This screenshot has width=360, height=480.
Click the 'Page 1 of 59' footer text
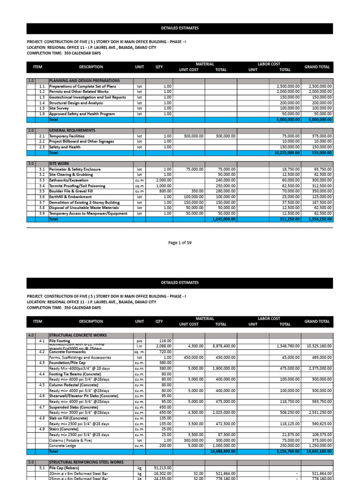click(180, 243)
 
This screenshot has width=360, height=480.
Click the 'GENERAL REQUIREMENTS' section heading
click(72, 130)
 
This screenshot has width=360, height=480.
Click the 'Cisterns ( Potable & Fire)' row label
click(71, 440)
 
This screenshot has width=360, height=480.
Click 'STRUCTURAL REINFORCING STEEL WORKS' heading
click(86, 462)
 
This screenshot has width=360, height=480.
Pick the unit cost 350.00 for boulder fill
click(197, 191)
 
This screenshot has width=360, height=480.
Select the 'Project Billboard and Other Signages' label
click(82, 142)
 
